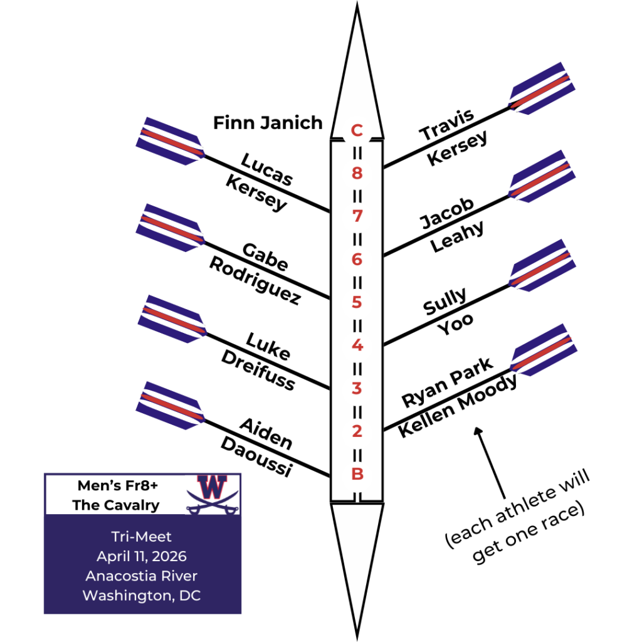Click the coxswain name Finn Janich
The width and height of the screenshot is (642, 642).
point(268,122)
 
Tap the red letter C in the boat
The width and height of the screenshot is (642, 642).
point(357,130)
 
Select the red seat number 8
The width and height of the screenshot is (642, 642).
point(357,174)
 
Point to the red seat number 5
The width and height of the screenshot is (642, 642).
point(357,302)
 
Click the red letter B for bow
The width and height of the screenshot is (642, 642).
point(357,474)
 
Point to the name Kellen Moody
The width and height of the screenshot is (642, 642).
point(458,406)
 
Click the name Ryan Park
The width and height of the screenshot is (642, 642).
point(446,382)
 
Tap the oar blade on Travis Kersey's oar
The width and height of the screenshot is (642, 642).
point(542,88)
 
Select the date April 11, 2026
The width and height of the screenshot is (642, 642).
point(142,556)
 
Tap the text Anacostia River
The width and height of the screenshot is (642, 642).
point(142,576)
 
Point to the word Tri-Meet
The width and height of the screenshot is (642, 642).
point(142,537)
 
